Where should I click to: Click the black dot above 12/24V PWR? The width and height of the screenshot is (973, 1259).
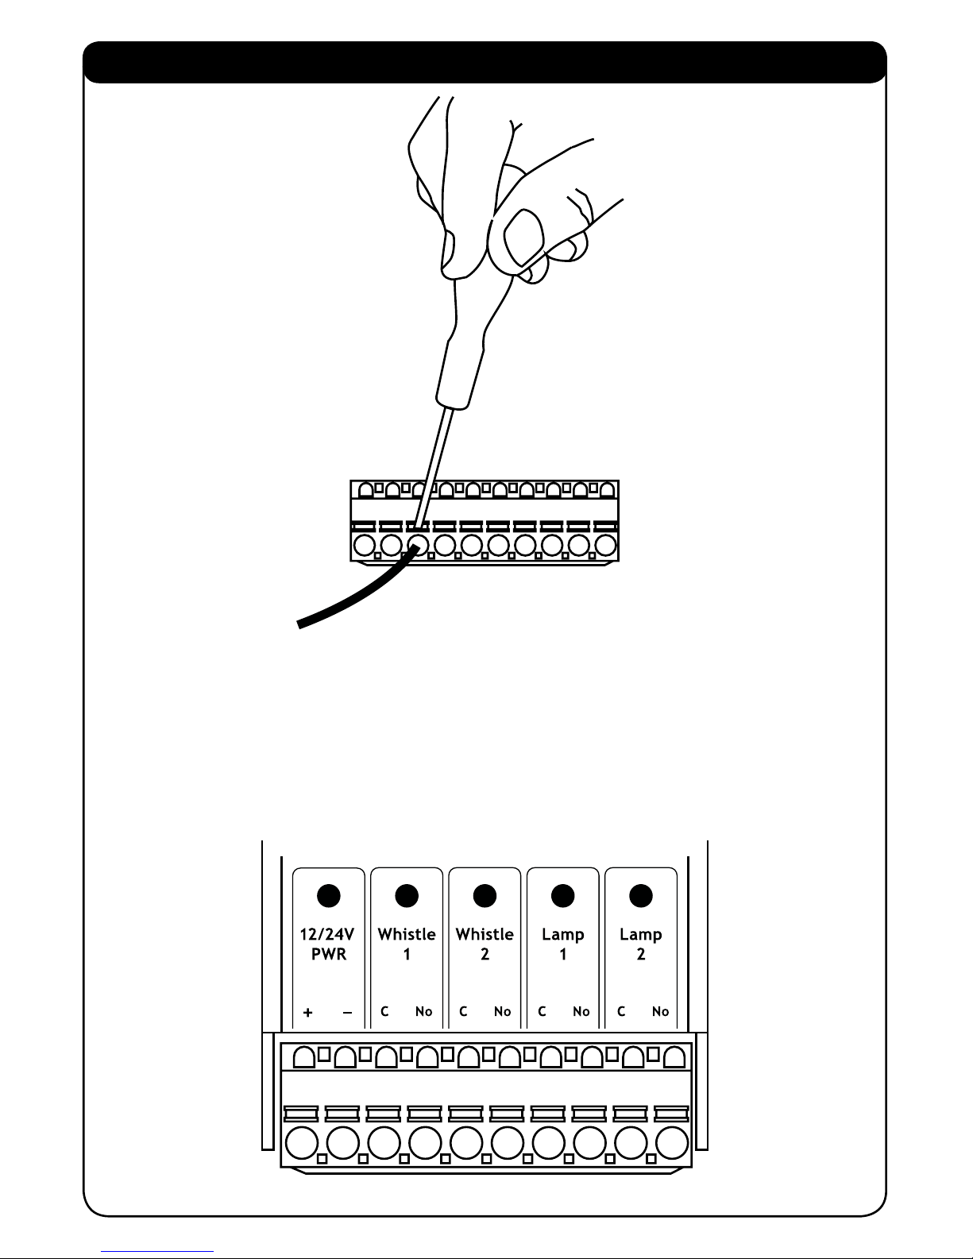pyautogui.click(x=329, y=895)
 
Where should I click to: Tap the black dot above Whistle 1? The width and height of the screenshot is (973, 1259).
pyautogui.click(x=407, y=895)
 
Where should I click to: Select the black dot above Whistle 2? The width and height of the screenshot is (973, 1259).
pyautogui.click(x=485, y=895)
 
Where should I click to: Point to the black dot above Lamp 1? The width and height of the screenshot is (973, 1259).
pyautogui.click(x=562, y=895)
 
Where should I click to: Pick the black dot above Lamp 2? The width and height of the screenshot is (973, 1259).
pyautogui.click(x=640, y=895)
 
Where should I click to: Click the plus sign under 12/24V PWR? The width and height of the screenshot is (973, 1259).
pyautogui.click(x=308, y=1013)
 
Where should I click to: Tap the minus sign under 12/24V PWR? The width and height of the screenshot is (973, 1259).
pyautogui.click(x=347, y=1013)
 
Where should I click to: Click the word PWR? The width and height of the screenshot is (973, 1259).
pyautogui.click(x=329, y=954)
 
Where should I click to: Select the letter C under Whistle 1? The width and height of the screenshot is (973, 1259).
pyautogui.click(x=384, y=1011)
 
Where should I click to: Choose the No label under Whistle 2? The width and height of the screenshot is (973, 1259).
pyautogui.click(x=502, y=1011)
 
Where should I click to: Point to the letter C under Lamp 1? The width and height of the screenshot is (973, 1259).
pyautogui.click(x=542, y=1011)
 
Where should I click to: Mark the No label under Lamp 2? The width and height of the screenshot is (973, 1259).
pyautogui.click(x=660, y=1011)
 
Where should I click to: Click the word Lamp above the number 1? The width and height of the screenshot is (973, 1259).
pyautogui.click(x=562, y=934)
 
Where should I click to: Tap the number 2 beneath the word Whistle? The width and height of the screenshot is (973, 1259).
pyautogui.click(x=485, y=954)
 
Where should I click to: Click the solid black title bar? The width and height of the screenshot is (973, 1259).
pyautogui.click(x=485, y=62)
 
